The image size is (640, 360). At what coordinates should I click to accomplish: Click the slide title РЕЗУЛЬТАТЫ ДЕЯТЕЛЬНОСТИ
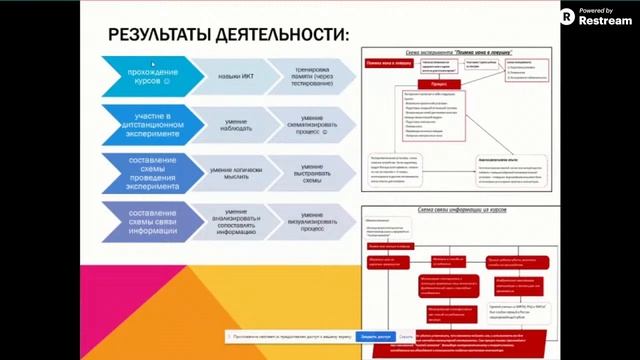(x=229, y=35)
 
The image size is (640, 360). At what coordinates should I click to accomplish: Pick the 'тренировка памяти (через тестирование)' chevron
(x=306, y=75)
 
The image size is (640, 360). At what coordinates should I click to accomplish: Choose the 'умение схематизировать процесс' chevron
(x=306, y=124)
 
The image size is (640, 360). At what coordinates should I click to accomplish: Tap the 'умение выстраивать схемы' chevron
(x=306, y=172)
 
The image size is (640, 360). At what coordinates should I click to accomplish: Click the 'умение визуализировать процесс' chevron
(x=306, y=220)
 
